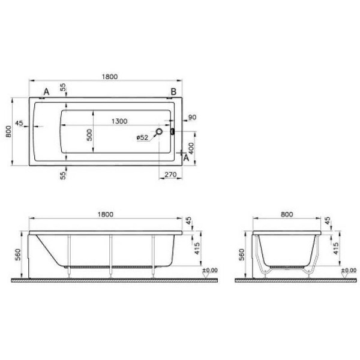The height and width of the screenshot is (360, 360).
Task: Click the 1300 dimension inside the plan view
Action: tap(119, 122)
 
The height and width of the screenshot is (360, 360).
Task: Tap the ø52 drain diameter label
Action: tap(142, 137)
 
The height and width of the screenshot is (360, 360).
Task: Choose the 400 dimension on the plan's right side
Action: tap(190, 146)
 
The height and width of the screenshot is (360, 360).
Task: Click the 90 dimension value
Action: tap(193, 118)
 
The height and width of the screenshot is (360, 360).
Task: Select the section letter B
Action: tap(173, 91)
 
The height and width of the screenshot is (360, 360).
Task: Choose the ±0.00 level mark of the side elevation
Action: tap(209, 271)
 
